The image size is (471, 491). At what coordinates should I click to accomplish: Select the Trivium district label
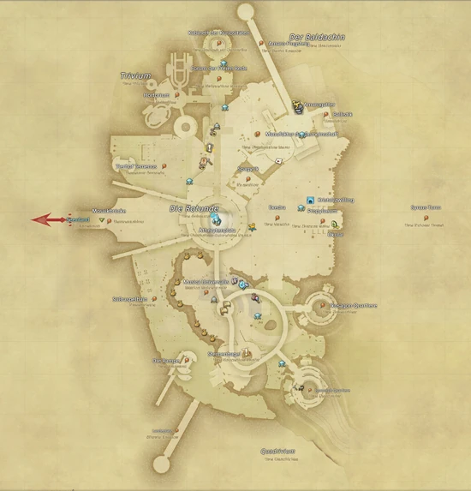click(135, 75)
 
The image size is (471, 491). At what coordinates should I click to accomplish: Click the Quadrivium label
click(279, 451)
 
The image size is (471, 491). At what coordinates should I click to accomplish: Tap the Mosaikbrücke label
click(109, 210)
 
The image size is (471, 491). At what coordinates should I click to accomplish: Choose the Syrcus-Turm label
click(425, 207)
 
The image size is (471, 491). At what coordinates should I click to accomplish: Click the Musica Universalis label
click(206, 281)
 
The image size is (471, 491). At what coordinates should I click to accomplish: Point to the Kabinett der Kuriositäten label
click(218, 33)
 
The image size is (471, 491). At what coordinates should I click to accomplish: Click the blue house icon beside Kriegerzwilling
click(310, 201)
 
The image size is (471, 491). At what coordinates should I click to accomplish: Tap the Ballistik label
click(343, 114)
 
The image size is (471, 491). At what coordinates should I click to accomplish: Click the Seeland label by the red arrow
click(79, 220)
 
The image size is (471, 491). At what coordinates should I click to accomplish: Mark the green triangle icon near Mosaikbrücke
click(102, 220)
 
